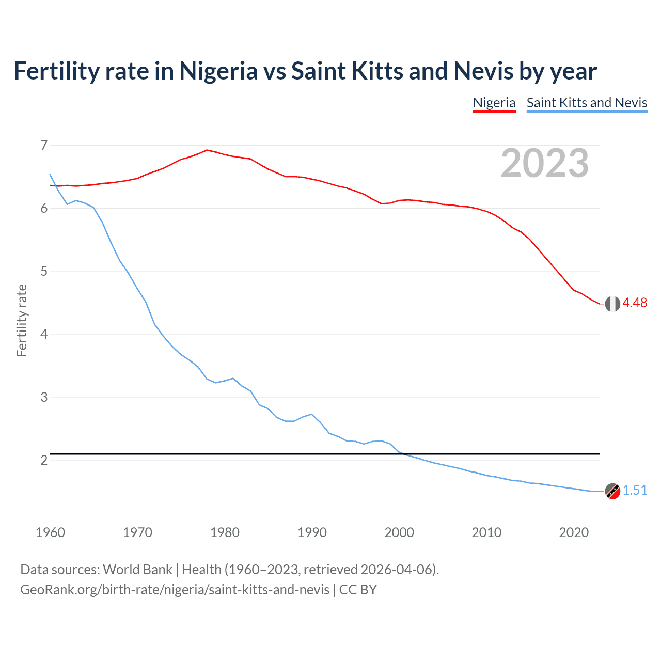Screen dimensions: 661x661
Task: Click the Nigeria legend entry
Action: pyautogui.click(x=494, y=103)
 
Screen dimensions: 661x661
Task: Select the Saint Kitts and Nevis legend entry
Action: pyautogui.click(x=587, y=103)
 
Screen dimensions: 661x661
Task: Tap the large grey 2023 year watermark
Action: pyautogui.click(x=544, y=163)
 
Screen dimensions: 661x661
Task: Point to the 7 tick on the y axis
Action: pyautogui.click(x=44, y=146)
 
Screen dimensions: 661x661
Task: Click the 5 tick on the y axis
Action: pyautogui.click(x=44, y=272)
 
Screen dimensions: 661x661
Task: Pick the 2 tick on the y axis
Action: pyautogui.click(x=44, y=460)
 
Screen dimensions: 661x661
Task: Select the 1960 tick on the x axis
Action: pyautogui.click(x=50, y=532)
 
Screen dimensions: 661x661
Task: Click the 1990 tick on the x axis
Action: pyautogui.click(x=312, y=532)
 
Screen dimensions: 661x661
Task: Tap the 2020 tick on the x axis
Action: pyautogui.click(x=574, y=532)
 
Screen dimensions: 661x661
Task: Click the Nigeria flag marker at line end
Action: pyautogui.click(x=612, y=304)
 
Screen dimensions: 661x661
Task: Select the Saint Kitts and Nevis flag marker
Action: pyautogui.click(x=612, y=491)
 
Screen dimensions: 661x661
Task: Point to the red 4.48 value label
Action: pyautogui.click(x=635, y=303)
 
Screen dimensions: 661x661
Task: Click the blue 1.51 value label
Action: pyautogui.click(x=635, y=490)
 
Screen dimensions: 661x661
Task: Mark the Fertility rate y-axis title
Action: pyautogui.click(x=22, y=320)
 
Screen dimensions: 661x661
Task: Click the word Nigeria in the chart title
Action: pyautogui.click(x=218, y=71)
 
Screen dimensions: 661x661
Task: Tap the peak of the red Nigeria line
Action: pyautogui.click(x=207, y=150)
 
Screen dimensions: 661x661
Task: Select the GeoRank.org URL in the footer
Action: pyautogui.click(x=175, y=590)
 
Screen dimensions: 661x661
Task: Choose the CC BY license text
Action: pyautogui.click(x=358, y=590)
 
